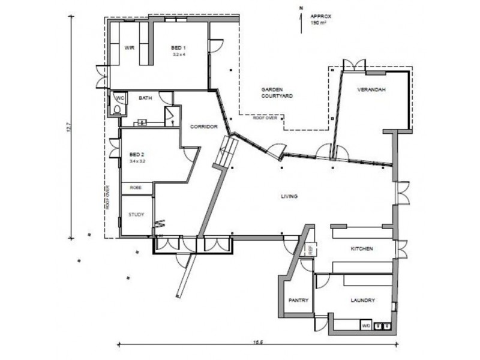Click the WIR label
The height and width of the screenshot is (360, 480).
[x=128, y=47]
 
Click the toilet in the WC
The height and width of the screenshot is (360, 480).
[x=117, y=108]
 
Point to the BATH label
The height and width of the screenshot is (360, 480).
[x=145, y=98]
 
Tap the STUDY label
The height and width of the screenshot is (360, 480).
[x=136, y=214]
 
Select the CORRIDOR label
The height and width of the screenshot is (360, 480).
[x=203, y=127]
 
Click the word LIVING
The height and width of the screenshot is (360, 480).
[x=290, y=197]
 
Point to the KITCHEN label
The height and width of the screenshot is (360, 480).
[x=362, y=248]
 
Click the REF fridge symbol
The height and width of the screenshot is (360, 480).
[x=311, y=250]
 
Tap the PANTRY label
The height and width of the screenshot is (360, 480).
[x=298, y=300]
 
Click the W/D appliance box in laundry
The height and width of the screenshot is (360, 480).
[x=365, y=326]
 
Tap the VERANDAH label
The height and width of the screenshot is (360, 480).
[x=371, y=90]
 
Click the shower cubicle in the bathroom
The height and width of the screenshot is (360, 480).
[x=170, y=115]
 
